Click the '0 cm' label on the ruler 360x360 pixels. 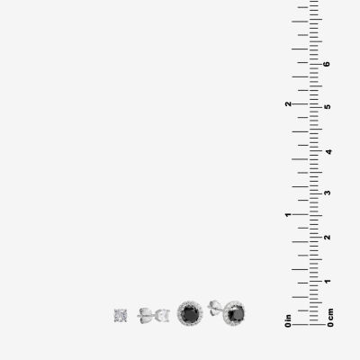click(x=330, y=318)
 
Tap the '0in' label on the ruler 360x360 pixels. click(x=288, y=320)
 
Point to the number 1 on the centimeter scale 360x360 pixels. click(x=328, y=282)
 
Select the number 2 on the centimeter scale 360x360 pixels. click(x=328, y=237)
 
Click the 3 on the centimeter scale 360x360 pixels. click(x=328, y=193)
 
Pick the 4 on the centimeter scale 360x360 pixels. click(x=328, y=152)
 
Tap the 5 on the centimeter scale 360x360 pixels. click(x=328, y=107)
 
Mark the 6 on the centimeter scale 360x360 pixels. click(x=327, y=64)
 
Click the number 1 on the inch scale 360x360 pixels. click(x=288, y=215)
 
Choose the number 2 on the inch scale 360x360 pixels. click(x=288, y=103)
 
